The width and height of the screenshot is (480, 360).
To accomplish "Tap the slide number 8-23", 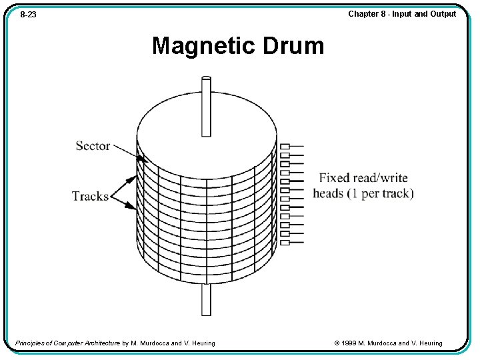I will [28, 14].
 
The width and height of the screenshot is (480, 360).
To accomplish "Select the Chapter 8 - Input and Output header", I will [402, 13].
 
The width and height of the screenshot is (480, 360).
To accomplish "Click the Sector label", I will [93, 146].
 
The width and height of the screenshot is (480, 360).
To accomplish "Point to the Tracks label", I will [90, 196].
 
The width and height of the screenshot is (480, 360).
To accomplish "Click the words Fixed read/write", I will [363, 178].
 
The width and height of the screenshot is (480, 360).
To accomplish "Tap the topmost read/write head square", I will [285, 147].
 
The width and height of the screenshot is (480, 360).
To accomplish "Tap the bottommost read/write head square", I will [285, 242].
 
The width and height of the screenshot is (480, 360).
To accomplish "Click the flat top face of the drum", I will [207, 127].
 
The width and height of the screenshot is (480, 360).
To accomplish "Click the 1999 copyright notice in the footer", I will [389, 343].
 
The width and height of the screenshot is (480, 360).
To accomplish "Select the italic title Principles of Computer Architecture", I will [67, 343].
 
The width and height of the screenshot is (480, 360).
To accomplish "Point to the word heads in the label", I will [328, 193].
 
